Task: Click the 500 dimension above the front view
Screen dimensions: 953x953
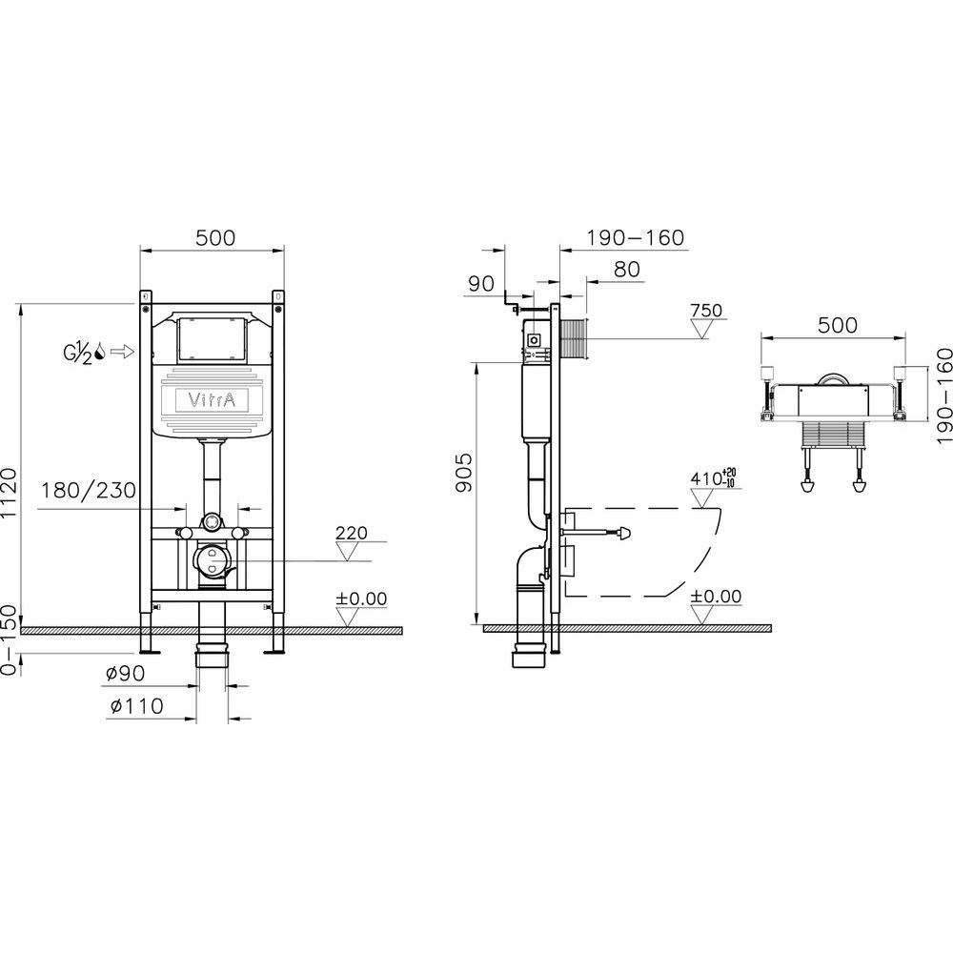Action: (215, 237)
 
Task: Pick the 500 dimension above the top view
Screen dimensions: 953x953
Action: (838, 325)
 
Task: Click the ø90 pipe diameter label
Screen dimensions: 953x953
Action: (125, 674)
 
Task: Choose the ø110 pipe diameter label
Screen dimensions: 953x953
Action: (137, 705)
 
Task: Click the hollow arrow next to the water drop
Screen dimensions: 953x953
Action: (123, 352)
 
